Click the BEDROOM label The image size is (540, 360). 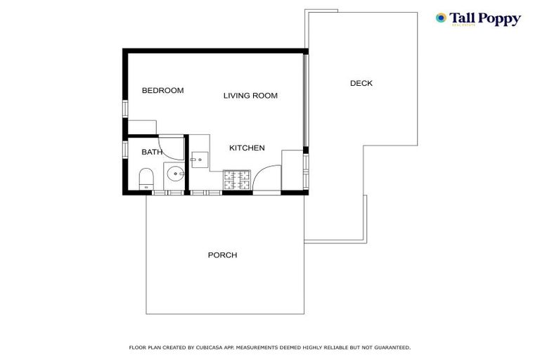(x=162, y=91)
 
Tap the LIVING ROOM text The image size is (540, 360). (x=250, y=96)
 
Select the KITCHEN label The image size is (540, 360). (x=247, y=148)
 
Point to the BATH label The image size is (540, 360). (x=152, y=152)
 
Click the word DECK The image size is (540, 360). (x=361, y=84)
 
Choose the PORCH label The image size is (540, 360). (x=222, y=255)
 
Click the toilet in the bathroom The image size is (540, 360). (x=146, y=179)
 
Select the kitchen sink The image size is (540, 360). (x=199, y=160)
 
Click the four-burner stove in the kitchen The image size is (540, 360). (x=237, y=181)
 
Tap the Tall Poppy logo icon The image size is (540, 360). (x=441, y=18)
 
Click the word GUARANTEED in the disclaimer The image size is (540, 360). (x=390, y=347)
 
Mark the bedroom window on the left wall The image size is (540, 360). (x=125, y=109)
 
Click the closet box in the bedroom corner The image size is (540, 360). (x=142, y=127)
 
